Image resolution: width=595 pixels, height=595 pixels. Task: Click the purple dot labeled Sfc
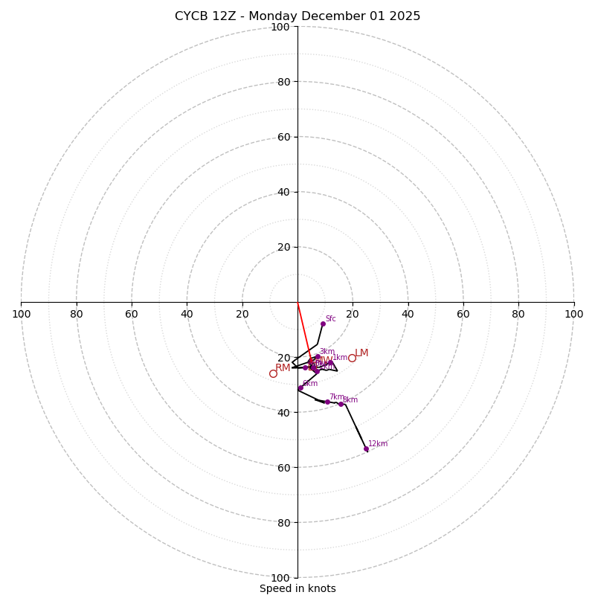[323, 324]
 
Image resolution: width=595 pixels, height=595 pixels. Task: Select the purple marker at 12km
[366, 449]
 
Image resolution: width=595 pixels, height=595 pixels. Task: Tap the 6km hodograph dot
[300, 388]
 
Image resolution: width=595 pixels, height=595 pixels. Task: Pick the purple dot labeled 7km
[327, 402]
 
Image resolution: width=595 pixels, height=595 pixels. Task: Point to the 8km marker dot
[341, 404]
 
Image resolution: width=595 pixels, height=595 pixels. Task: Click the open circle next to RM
[273, 373]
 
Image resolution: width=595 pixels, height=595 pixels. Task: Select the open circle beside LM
[352, 358]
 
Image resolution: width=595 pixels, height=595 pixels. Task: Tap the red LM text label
[361, 353]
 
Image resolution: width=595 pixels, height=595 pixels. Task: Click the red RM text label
[283, 368]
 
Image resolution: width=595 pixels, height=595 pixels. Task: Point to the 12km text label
[378, 444]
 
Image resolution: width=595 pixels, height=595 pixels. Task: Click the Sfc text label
[330, 319]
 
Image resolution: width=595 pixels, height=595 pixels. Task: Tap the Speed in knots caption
[297, 588]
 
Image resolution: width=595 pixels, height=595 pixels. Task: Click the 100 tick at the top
[280, 27]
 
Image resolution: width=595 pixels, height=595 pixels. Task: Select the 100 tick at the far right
[573, 314]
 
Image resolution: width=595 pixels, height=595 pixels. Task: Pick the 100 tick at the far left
[22, 314]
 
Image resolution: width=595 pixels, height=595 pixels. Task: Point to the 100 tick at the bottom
[280, 578]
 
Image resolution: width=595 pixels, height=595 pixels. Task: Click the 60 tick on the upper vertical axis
[283, 137]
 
